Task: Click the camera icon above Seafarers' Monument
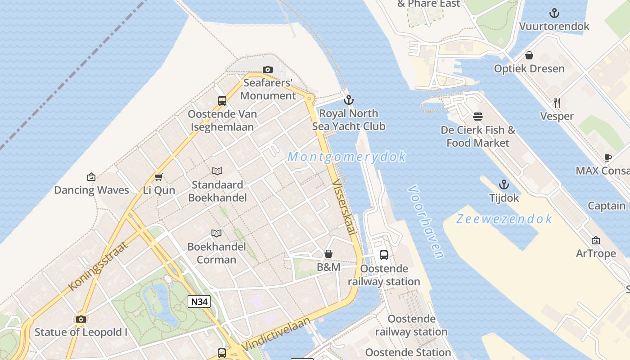click(x=268, y=69)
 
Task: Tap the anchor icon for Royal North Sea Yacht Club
click(x=348, y=100)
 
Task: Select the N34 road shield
click(x=199, y=301)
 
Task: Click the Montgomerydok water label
click(x=346, y=157)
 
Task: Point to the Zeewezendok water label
click(x=504, y=219)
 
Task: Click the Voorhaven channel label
click(x=426, y=222)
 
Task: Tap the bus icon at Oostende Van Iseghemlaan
click(x=222, y=101)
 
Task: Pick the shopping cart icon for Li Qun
click(x=158, y=177)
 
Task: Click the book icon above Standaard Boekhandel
click(x=217, y=171)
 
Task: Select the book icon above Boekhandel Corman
click(x=216, y=233)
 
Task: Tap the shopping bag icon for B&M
click(x=328, y=254)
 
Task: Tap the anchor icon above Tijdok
click(x=504, y=184)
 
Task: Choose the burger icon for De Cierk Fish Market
click(x=478, y=117)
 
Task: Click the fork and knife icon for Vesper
click(x=557, y=103)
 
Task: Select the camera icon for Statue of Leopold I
click(x=81, y=319)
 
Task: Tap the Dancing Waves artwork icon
click(x=91, y=177)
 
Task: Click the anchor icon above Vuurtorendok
click(x=554, y=13)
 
